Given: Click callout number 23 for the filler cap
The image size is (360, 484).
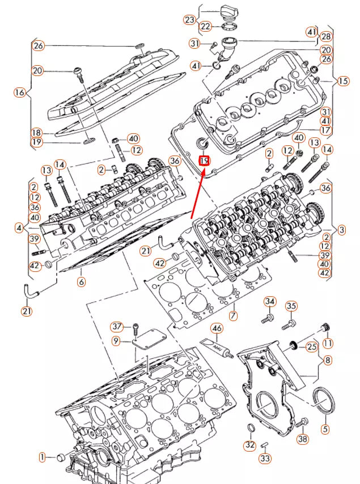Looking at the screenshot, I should (x=189, y=19).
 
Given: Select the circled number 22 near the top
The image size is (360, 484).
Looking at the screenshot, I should (x=205, y=26).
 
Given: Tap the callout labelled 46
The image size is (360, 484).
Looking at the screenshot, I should (x=217, y=328).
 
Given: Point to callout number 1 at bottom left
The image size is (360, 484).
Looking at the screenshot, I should (x=43, y=457).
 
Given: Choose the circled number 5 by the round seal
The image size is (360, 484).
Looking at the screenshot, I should (x=325, y=428).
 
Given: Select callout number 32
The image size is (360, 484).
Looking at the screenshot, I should (x=250, y=445).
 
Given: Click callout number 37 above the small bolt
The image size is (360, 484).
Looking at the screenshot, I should (x=117, y=326).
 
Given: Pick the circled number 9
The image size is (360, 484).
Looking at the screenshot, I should (x=116, y=341).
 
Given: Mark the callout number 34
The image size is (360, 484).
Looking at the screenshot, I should (x=270, y=301).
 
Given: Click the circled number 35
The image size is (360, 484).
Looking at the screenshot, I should (x=291, y=306).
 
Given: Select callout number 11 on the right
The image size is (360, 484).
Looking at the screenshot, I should (x=327, y=343).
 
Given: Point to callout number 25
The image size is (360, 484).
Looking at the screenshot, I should (x=312, y=346).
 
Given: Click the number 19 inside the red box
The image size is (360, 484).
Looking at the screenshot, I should (x=205, y=161).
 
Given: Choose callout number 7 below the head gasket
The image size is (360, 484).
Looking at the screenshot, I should (x=232, y=314).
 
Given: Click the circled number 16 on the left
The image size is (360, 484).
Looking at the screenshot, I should (x=19, y=92).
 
